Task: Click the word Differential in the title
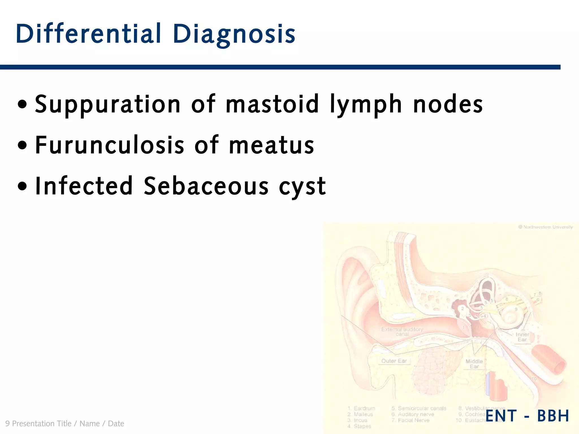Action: click(88, 34)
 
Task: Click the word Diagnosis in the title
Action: click(234, 34)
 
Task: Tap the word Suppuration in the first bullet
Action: click(107, 105)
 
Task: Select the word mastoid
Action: click(272, 104)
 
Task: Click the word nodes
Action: click(448, 105)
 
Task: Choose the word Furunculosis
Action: click(110, 145)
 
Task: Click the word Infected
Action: click(84, 186)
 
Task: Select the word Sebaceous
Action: click(206, 186)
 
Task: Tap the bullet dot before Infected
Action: click(22, 186)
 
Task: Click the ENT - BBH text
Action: click(527, 416)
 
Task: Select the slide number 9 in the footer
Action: click(7, 424)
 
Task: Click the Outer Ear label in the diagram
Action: click(394, 361)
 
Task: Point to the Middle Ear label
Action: click(474, 364)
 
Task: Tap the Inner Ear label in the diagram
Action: click(522, 337)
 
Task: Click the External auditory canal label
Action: click(402, 331)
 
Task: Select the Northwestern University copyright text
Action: click(545, 227)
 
